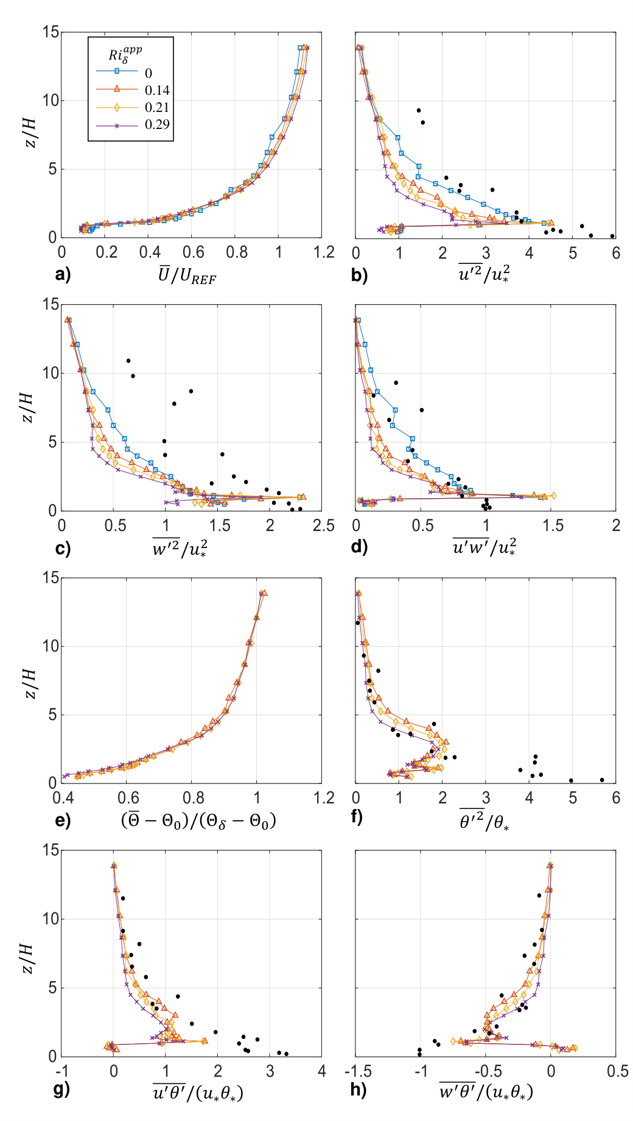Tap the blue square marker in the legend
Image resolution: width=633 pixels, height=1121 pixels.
pyautogui.click(x=117, y=71)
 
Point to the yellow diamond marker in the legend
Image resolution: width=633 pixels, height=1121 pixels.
pyautogui.click(x=117, y=107)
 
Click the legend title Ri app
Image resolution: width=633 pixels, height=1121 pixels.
pyautogui.click(x=125, y=53)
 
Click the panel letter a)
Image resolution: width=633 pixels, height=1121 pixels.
pyautogui.click(x=63, y=274)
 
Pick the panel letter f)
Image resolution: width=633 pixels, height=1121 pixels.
pyautogui.click(x=358, y=817)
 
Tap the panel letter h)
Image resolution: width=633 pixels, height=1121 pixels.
pyautogui.click(x=359, y=1089)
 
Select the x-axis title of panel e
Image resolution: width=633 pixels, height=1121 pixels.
pyautogui.click(x=198, y=821)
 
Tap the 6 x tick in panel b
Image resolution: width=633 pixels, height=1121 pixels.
pyautogui.click(x=616, y=252)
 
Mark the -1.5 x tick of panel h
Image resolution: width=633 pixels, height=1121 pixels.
pyautogui.click(x=356, y=1071)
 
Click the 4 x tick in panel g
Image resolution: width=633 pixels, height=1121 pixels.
pyautogui.click(x=322, y=1071)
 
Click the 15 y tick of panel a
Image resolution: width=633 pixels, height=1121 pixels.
pyautogui.click(x=51, y=32)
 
